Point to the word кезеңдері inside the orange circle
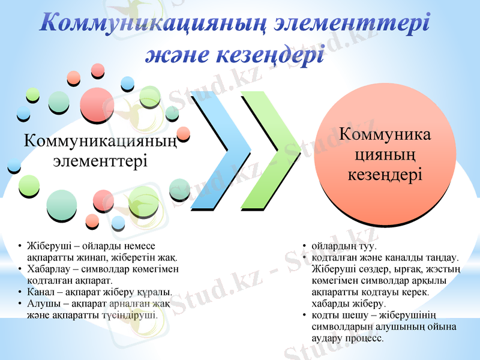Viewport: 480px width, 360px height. click(385, 175)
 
